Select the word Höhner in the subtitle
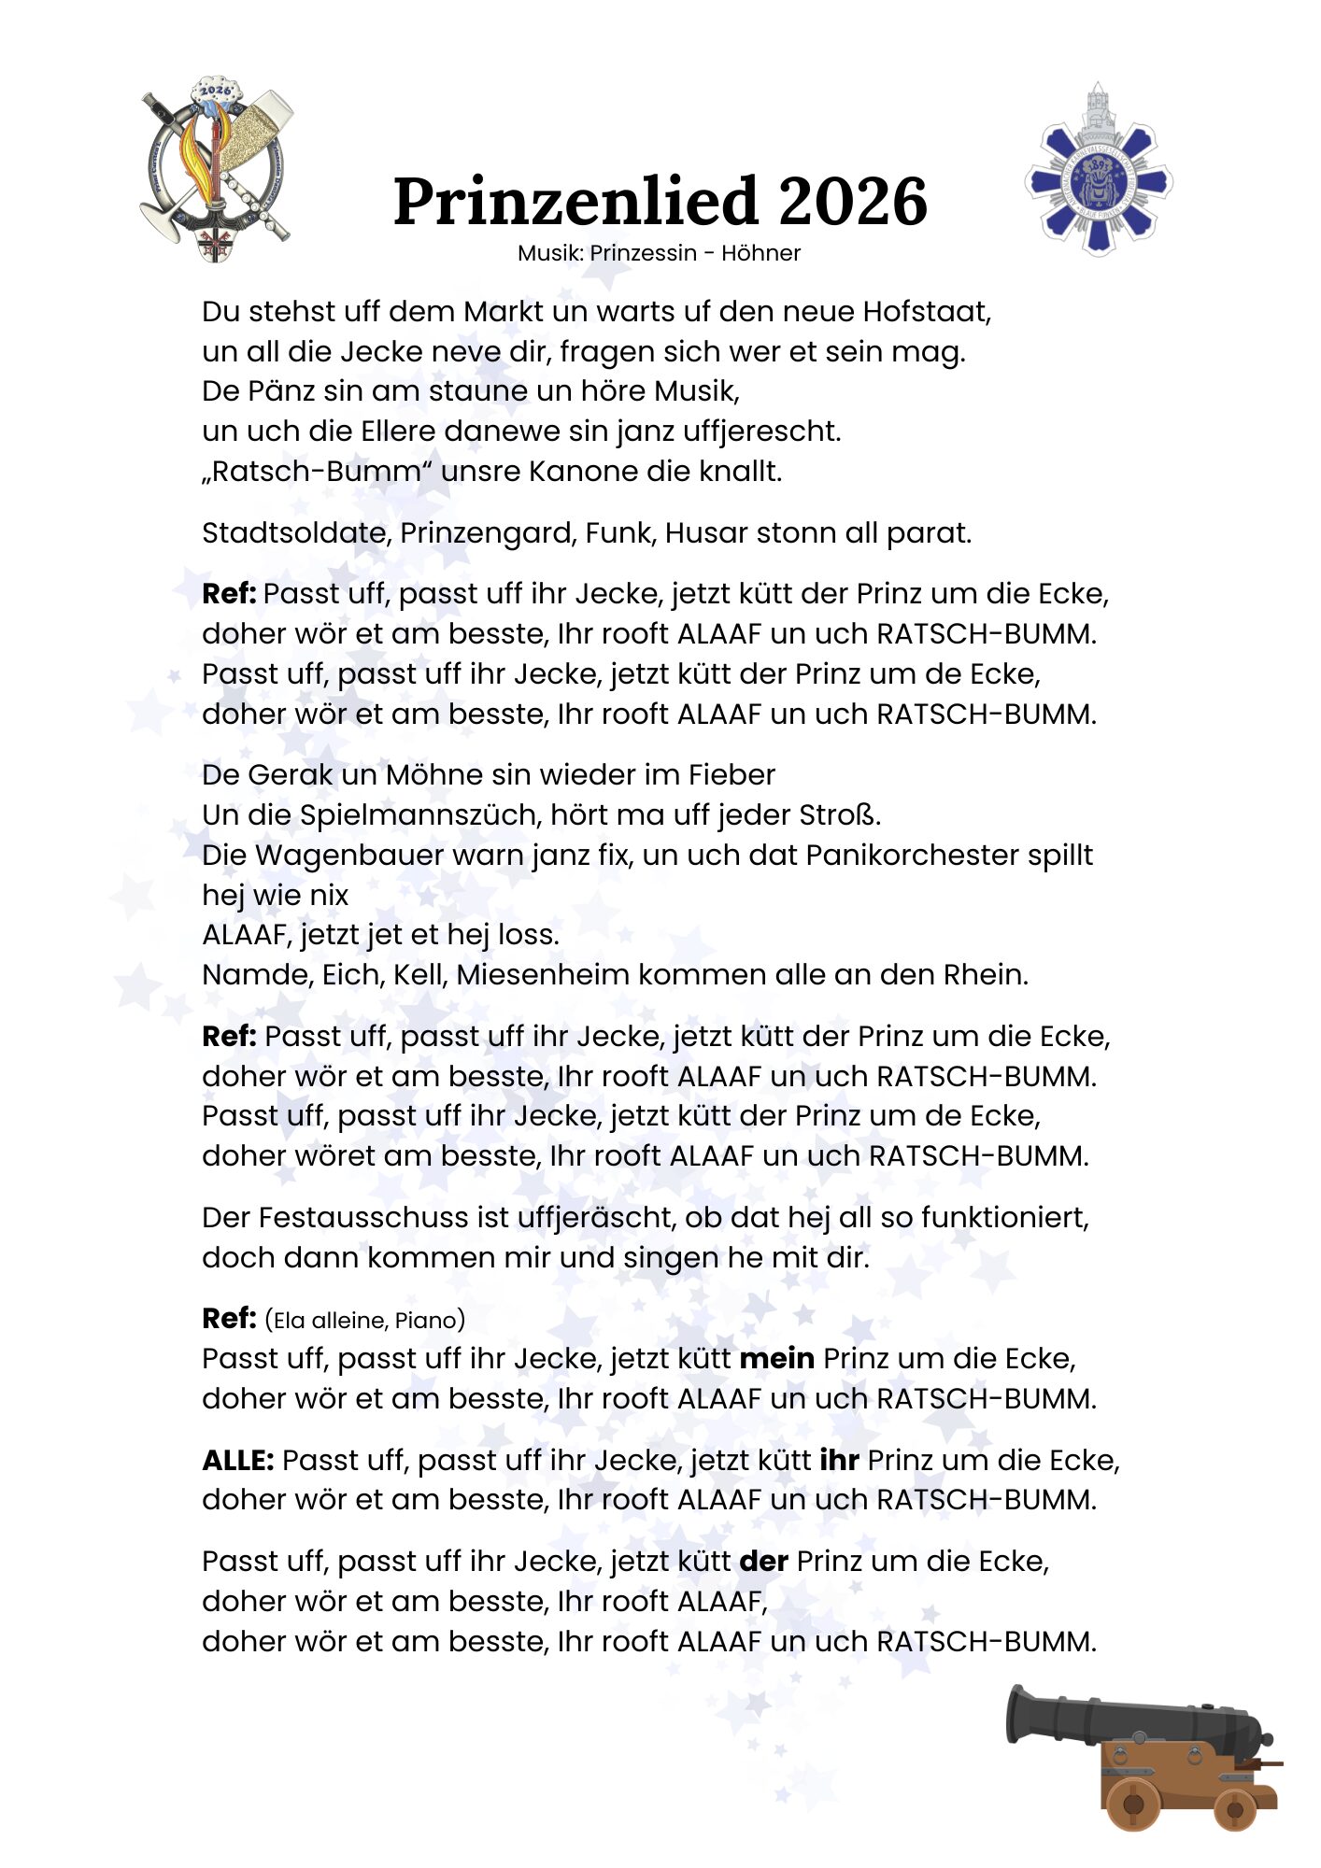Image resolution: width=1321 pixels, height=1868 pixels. tap(760, 253)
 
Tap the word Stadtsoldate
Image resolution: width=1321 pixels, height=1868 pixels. tap(296, 532)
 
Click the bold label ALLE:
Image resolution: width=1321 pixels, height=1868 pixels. tap(237, 1460)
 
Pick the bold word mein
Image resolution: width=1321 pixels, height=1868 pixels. tap(776, 1358)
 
